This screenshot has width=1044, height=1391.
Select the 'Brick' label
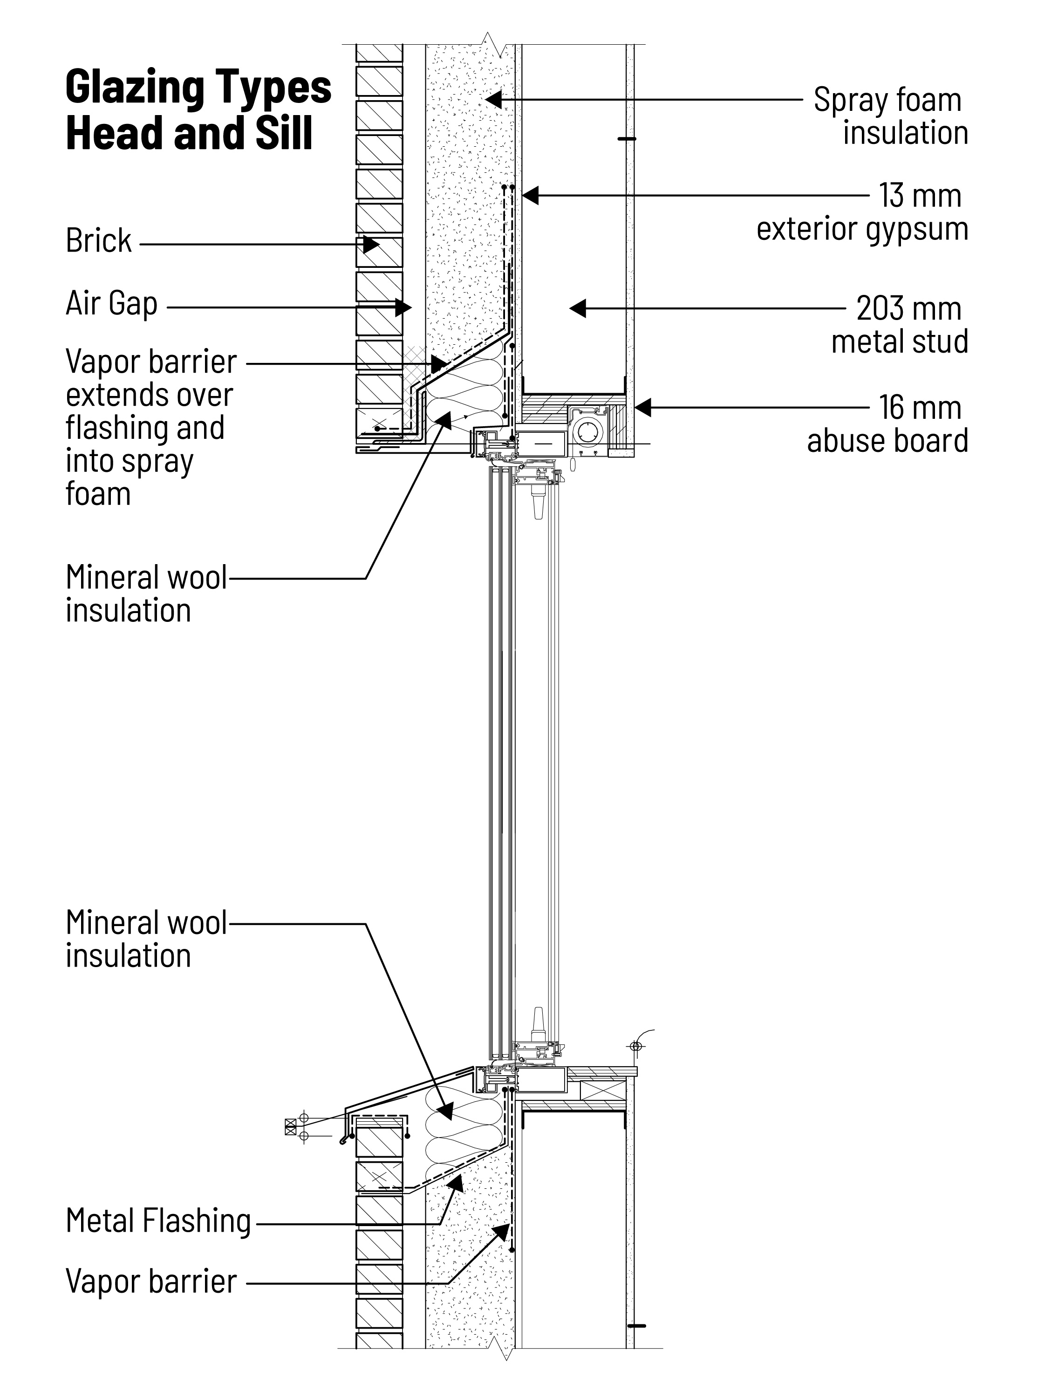[99, 241]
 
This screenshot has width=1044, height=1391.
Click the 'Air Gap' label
[111, 304]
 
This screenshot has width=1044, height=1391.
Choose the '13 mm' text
[920, 196]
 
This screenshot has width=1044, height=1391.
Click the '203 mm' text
[909, 309]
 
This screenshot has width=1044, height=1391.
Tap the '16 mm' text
[920, 408]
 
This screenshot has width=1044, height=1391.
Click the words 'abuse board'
[887, 441]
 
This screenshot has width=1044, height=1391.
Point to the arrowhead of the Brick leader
[371, 244]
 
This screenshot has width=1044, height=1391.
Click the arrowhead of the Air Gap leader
[404, 307]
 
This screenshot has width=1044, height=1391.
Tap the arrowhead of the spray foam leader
[492, 99]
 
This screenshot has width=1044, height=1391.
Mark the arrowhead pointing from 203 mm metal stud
[577, 309]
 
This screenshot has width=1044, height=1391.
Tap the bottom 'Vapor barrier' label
[151, 1282]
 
